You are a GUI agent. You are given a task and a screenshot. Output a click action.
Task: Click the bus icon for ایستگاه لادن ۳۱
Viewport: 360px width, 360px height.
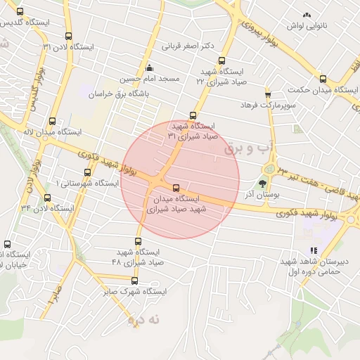[68, 37]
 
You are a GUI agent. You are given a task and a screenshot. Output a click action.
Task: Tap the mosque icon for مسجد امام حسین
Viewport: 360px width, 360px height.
[150, 68]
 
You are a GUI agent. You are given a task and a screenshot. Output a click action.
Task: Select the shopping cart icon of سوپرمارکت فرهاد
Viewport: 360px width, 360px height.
[268, 94]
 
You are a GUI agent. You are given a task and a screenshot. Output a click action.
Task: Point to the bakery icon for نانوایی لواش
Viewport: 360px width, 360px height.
[306, 15]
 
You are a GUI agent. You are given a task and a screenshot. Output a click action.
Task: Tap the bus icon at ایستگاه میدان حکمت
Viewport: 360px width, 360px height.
[323, 79]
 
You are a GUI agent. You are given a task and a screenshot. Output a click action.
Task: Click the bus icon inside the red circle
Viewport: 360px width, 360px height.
[176, 188]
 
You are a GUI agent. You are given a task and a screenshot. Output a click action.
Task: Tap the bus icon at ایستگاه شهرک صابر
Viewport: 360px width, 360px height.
[134, 281]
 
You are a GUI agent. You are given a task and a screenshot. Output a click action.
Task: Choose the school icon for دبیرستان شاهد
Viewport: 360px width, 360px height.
[314, 251]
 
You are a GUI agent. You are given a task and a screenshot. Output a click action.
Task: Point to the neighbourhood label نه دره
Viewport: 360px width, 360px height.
[143, 320]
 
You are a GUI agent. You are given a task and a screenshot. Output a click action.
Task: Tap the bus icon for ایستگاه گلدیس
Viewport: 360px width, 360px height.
[19, 12]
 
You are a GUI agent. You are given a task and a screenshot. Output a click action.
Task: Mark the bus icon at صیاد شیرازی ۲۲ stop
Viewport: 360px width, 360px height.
[222, 60]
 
